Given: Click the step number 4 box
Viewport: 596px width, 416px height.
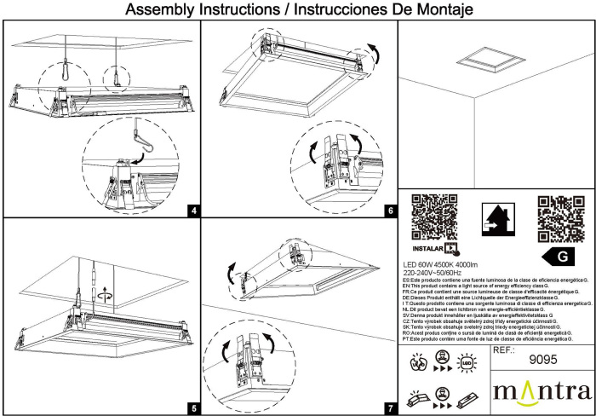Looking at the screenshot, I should click(x=195, y=210).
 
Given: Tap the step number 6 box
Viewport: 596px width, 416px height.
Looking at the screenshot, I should click(x=391, y=210).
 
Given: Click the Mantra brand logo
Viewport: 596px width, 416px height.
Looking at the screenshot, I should click(x=542, y=392).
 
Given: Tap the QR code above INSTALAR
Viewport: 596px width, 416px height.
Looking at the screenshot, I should click(x=434, y=217).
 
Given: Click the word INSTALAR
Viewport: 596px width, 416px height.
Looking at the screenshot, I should click(x=432, y=249).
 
